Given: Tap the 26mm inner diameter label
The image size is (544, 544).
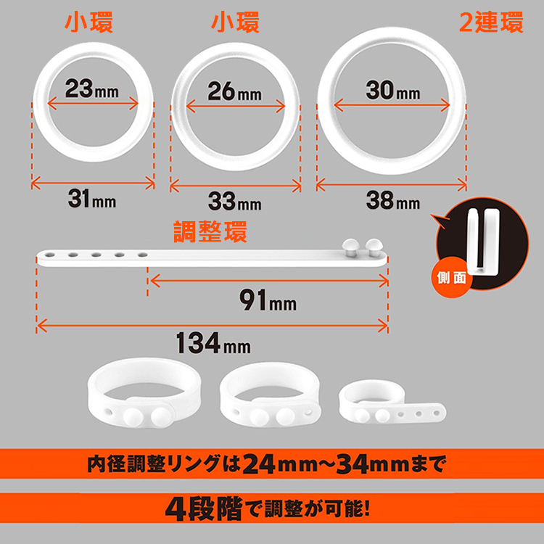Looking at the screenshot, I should click(x=234, y=92).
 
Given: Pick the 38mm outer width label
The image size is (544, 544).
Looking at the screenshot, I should click(x=392, y=201).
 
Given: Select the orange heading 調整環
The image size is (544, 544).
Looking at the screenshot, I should click(x=210, y=232).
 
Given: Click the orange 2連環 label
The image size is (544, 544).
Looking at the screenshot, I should click(x=491, y=23).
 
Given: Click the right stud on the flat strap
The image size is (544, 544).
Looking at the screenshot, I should click(x=376, y=245).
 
